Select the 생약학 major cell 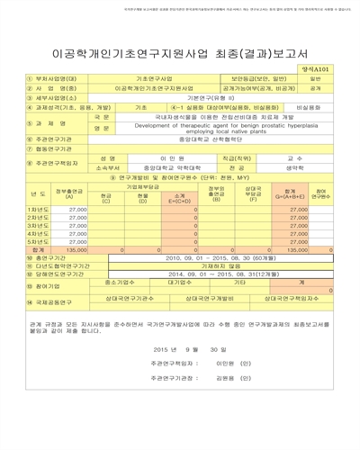coord(294,167)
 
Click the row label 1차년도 coord(39,209)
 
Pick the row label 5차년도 coord(39,241)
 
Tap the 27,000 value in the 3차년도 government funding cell coord(77,225)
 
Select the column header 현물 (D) coord(142,197)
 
